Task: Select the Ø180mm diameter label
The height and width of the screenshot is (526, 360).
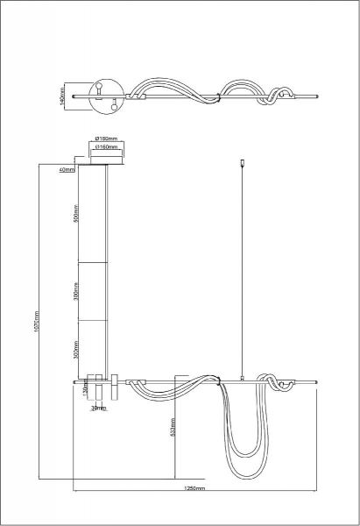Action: [x=105, y=139]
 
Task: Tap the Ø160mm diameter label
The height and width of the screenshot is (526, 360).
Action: [x=105, y=148]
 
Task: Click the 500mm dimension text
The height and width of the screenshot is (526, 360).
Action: [x=76, y=214]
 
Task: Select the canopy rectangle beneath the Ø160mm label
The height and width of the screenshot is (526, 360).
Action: [x=105, y=159]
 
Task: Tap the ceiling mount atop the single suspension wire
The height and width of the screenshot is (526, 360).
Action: [x=242, y=161]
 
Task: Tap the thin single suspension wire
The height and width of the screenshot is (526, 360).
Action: [x=242, y=272]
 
